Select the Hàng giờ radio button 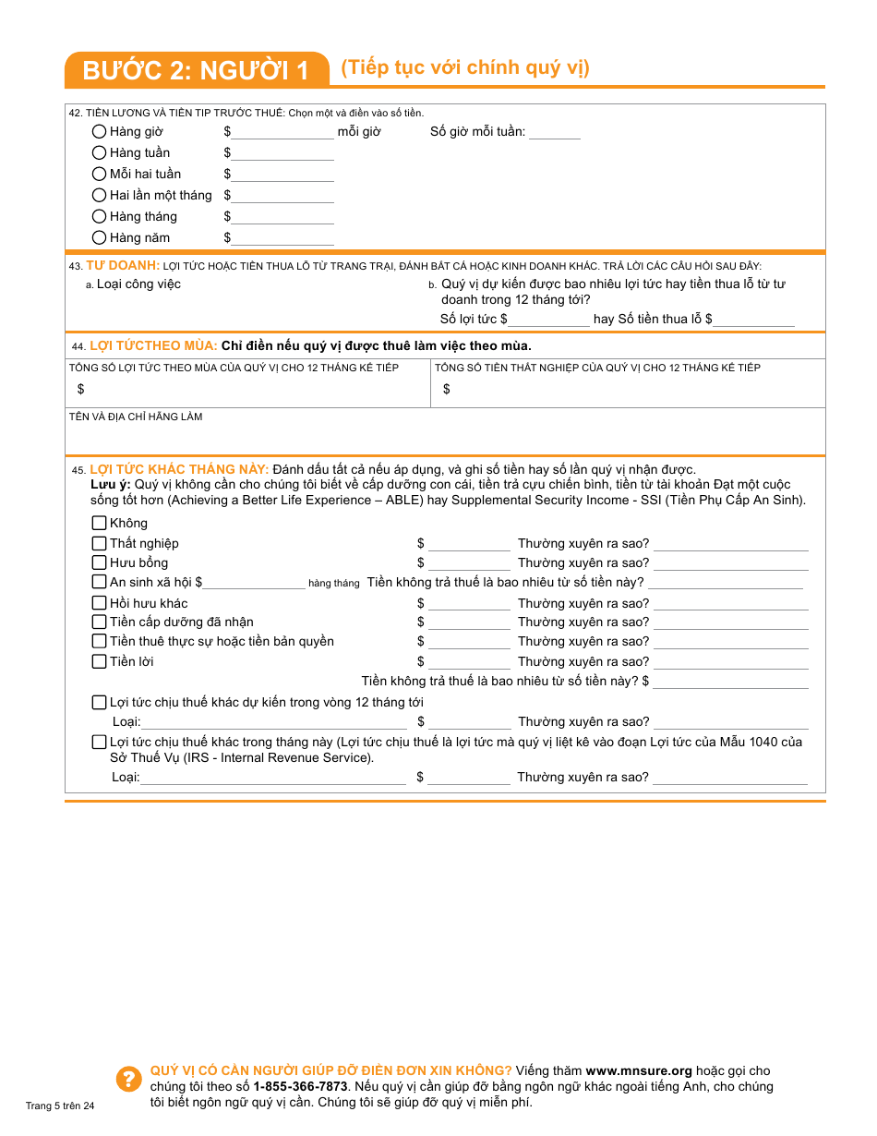click(x=99, y=131)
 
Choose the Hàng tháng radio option click(x=99, y=216)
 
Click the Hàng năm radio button click(x=99, y=237)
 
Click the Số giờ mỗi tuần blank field click(x=554, y=133)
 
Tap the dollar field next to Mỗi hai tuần click(x=282, y=175)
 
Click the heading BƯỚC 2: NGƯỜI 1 click(x=196, y=70)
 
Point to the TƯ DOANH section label click(x=123, y=265)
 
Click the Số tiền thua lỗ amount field click(x=753, y=320)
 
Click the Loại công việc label click(x=138, y=284)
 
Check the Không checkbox click(x=99, y=523)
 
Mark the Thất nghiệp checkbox click(x=99, y=543)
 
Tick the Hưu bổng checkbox click(x=99, y=562)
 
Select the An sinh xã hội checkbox click(x=99, y=582)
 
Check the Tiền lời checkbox click(x=99, y=661)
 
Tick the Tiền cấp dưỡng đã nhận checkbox click(x=99, y=622)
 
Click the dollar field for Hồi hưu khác click(x=469, y=605)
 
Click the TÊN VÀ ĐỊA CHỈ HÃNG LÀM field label click(x=136, y=417)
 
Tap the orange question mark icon click(x=128, y=1079)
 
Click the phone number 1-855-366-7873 click(x=300, y=1087)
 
